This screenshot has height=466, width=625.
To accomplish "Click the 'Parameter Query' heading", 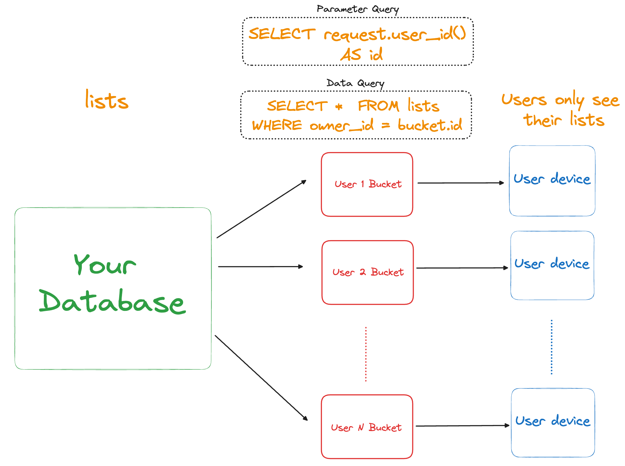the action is [x=358, y=9].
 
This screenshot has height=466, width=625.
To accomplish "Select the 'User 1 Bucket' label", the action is [x=368, y=184].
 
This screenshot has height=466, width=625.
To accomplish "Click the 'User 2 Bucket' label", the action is [x=368, y=272].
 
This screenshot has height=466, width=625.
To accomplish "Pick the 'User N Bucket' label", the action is [x=366, y=427].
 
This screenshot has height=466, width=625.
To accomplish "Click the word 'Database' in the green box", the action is [x=112, y=302].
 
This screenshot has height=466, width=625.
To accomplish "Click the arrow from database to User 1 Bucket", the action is [x=262, y=209].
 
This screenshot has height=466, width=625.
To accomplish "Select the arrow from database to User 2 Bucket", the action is [x=261, y=266].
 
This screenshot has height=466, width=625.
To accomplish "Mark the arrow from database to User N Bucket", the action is [x=261, y=378].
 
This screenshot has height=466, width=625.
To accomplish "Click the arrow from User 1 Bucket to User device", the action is [x=461, y=183].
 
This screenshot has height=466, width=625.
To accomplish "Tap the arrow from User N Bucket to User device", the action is [x=463, y=426].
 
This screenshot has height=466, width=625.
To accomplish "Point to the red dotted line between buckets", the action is [x=366, y=354].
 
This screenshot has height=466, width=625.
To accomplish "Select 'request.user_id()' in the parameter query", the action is [x=395, y=34].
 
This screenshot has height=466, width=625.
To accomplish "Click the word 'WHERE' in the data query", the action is [x=277, y=125].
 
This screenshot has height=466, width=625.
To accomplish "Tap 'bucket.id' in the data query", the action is [x=430, y=125].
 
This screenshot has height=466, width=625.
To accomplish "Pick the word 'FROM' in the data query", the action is [x=379, y=106].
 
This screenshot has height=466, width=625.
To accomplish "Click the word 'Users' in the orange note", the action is [x=524, y=100].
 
